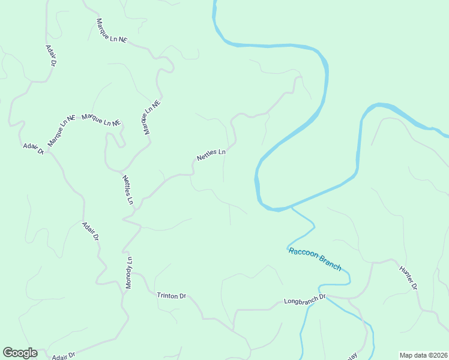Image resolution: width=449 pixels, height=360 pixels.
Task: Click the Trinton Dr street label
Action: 172,296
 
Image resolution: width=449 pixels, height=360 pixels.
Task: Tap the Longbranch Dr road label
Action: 304,298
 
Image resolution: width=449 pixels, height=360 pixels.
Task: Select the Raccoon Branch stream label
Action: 315,259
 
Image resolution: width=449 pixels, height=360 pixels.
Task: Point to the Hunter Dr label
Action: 408,277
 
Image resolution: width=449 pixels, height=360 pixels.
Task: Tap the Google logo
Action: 20,353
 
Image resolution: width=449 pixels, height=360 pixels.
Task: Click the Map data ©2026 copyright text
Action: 423,355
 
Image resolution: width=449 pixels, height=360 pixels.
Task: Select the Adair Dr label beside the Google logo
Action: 64,356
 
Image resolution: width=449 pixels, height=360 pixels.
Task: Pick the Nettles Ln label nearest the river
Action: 211,155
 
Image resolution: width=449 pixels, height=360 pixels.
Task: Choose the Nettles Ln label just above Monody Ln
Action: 128,190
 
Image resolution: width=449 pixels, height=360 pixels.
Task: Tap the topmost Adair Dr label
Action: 51,55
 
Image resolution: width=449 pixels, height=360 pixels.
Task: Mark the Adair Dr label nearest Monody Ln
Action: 90,232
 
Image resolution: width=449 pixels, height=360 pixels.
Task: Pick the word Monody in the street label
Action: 128,277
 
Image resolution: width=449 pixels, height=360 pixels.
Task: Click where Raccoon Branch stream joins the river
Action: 291,208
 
